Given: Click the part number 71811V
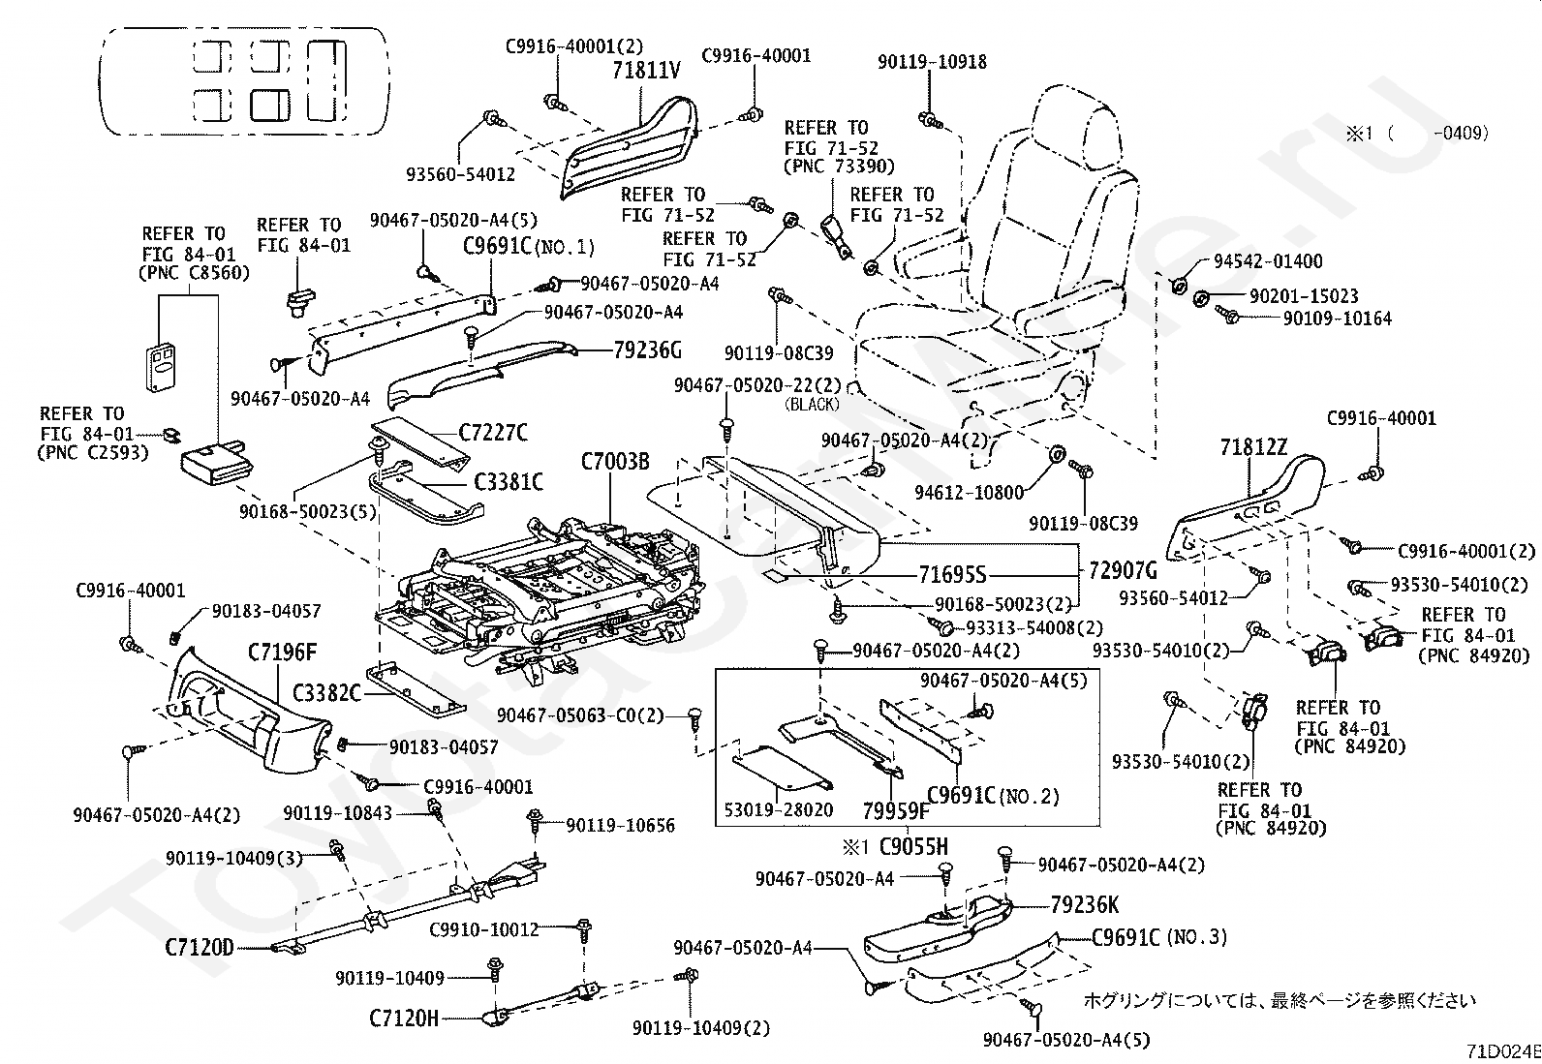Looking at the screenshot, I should (646, 71).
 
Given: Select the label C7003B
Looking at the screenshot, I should (615, 462).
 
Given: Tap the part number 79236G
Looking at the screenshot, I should (648, 350).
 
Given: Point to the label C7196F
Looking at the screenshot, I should (282, 653).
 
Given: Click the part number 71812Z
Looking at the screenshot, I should (1253, 447).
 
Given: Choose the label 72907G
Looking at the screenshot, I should (1123, 570).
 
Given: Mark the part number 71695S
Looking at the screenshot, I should (952, 575).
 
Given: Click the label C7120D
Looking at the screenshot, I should (200, 946).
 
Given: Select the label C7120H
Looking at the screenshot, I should (404, 1018).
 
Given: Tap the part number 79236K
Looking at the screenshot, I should (1085, 905).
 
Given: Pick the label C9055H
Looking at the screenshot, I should (913, 847).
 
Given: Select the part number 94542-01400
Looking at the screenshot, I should (1268, 261).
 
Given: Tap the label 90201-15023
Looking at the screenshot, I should (1304, 296).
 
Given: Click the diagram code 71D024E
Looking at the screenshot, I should (1502, 1051).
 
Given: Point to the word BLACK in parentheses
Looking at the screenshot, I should (813, 404).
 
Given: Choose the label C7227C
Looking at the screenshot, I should (494, 433).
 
